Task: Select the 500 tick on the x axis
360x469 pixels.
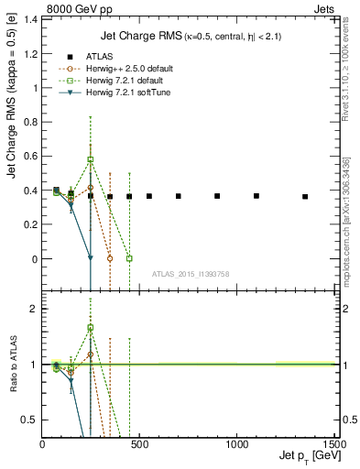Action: click(140, 444)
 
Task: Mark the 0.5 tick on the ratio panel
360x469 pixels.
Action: click(32, 420)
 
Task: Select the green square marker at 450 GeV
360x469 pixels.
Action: click(129, 258)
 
